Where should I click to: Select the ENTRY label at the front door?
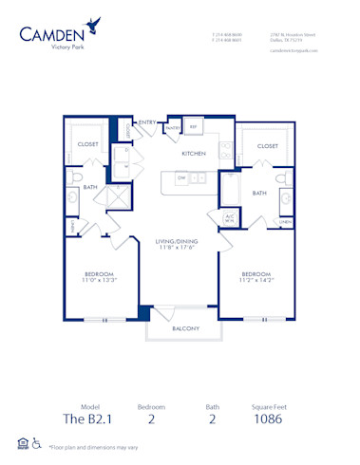point(147,122)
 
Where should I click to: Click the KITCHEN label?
point(195,152)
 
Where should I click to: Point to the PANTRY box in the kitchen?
point(174,126)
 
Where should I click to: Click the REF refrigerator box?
point(193,126)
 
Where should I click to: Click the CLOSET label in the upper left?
point(88,146)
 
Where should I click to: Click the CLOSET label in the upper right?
point(267,146)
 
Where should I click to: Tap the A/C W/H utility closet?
point(229,218)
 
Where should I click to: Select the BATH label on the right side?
point(258,193)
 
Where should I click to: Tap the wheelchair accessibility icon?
point(36,443)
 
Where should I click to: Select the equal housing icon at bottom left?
point(22,443)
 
